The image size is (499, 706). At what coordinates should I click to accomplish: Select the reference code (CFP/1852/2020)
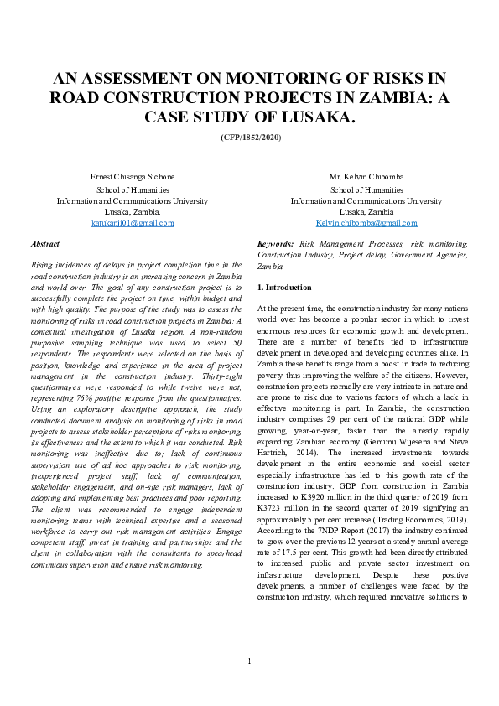[251, 137]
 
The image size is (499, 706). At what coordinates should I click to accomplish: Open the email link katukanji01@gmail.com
[132, 223]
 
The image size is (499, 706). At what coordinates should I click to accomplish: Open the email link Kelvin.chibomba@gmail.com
[366, 223]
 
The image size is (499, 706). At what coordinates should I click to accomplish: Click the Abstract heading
[44, 243]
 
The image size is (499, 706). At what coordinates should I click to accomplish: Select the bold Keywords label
[275, 243]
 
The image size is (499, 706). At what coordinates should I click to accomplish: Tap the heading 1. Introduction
[284, 288]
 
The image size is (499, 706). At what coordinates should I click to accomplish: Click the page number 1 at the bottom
[249, 662]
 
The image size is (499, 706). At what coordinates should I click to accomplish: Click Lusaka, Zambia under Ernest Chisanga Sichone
[132, 212]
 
